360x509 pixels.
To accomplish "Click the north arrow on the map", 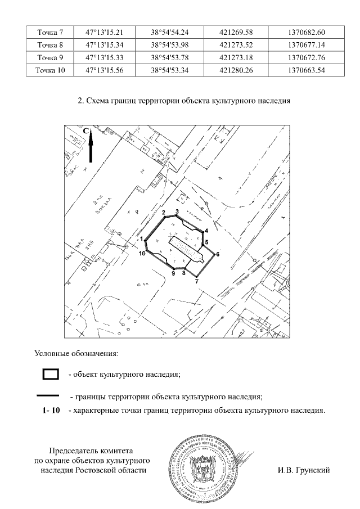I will (91, 147).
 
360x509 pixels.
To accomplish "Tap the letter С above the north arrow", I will (86, 130).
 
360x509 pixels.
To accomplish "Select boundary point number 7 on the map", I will (197, 282).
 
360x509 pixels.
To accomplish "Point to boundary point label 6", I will (217, 254).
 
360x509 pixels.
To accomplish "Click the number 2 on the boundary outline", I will (163, 213).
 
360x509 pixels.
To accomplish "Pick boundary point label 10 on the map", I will (142, 254).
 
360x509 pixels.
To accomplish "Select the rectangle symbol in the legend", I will (51, 373).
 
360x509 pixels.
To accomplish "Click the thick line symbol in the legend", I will (51, 395).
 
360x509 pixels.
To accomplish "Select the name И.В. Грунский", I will (303, 470).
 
